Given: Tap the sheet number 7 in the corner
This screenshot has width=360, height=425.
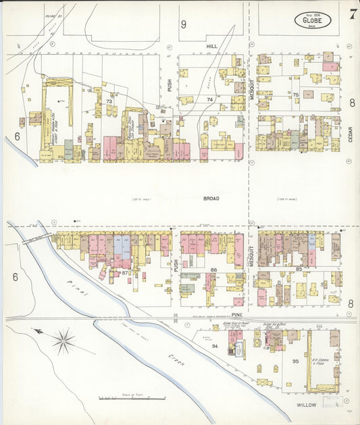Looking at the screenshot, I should click(353, 14).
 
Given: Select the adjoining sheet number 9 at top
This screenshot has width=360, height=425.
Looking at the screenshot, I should click(183, 24).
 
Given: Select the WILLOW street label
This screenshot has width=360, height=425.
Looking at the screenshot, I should click(308, 405).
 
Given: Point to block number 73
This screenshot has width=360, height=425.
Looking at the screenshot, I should click(109, 101).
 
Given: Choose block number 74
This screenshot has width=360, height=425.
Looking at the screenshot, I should click(209, 99).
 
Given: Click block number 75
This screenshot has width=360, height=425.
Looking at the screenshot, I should click(295, 95).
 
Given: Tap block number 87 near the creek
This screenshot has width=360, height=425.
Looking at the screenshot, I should click(126, 272).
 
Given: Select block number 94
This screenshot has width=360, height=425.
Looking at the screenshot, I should click(215, 345).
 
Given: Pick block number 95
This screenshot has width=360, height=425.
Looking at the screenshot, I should click(295, 361).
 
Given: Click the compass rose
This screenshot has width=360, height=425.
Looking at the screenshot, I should click(63, 341).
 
